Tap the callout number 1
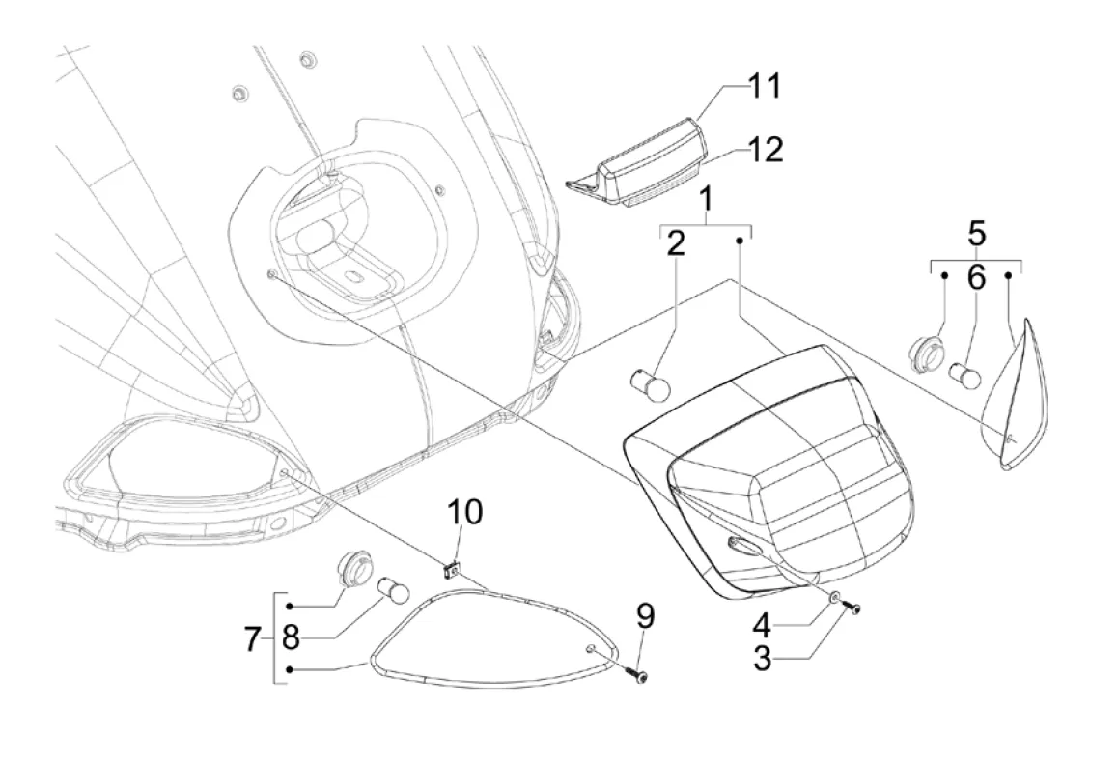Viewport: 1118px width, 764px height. click(x=707, y=201)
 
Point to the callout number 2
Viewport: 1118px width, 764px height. click(x=676, y=242)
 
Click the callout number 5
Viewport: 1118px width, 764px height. click(x=977, y=234)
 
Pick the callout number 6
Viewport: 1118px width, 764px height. click(x=976, y=278)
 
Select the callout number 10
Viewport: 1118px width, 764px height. click(x=252, y=639)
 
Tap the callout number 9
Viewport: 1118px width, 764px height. click(x=291, y=638)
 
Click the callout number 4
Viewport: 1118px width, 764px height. click(x=645, y=614)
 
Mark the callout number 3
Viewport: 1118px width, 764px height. click(x=464, y=512)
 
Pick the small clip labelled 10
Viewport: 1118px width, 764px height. click(x=450, y=570)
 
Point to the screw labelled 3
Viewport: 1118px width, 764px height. click(x=852, y=607)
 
